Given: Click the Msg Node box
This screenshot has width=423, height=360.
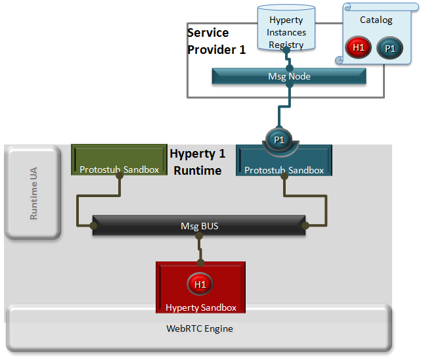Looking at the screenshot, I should point(289,76).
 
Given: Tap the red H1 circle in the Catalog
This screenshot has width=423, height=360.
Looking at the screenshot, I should point(359,47).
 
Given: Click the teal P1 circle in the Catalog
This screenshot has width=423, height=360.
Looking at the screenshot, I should point(390,48).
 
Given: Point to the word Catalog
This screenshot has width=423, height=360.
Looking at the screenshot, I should point(376,20).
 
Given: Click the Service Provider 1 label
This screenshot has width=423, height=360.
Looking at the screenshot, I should point(216,41).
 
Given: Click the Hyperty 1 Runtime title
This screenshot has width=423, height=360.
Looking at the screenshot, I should point(198,162).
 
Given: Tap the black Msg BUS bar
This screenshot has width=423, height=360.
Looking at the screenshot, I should point(199,226).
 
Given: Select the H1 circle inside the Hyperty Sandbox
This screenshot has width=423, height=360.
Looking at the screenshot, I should point(200,284).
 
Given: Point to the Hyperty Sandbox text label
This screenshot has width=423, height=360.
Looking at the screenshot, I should point(200,307).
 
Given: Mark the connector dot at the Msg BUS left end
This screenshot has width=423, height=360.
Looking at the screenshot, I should point(94,227).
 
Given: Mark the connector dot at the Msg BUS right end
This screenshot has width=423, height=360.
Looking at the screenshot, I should point(305,227).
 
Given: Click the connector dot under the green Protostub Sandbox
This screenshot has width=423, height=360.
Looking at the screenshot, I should point(119,176).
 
